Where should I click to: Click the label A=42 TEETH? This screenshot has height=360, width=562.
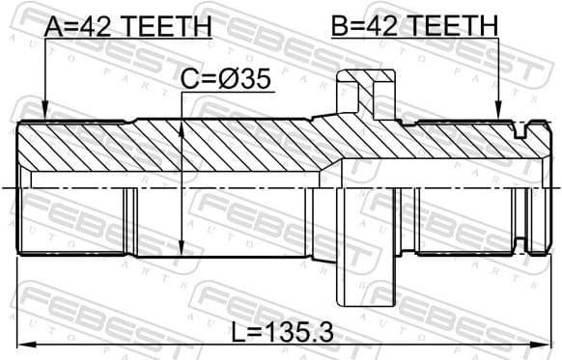pyautogui.click(x=127, y=26)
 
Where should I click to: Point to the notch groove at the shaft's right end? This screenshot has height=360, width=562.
pyautogui.click(x=524, y=125)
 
